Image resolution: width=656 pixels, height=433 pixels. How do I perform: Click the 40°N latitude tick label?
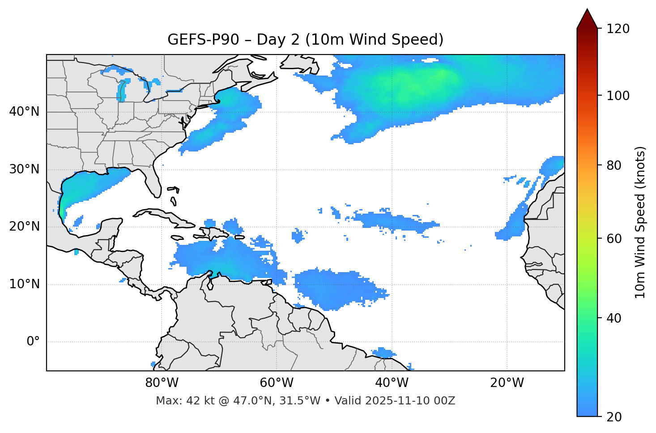point(24,112)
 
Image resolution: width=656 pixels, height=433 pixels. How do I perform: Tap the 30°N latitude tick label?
point(24,169)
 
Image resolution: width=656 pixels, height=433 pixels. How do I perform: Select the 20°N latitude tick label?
point(24,227)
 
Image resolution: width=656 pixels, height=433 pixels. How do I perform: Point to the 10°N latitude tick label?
point(24,284)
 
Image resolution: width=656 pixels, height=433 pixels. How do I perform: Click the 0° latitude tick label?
point(33,342)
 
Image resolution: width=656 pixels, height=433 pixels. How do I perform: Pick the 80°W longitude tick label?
point(162,383)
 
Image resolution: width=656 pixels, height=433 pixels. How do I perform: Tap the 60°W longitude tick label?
point(277,383)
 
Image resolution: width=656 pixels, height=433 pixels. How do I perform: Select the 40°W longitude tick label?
point(392,383)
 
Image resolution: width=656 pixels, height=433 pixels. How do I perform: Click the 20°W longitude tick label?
point(507,383)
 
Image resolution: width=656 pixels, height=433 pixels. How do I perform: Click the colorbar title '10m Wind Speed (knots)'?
point(640,222)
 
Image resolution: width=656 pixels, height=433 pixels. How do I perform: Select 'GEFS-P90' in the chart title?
point(197,40)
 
